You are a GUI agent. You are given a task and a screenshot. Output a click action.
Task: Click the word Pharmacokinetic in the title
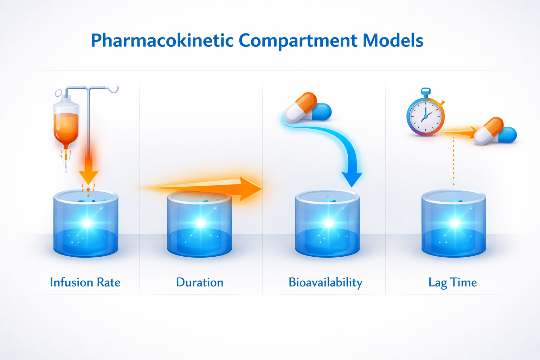point(162,41)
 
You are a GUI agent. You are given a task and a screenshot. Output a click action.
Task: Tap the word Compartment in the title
point(297,41)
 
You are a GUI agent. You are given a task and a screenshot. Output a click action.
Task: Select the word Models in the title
point(393,41)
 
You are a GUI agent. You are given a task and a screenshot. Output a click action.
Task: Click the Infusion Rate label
point(85,282)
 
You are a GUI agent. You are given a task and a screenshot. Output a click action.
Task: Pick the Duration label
point(200,282)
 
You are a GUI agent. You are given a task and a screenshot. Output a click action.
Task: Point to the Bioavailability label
point(325,283)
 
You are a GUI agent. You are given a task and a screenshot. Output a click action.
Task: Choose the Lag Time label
point(452,283)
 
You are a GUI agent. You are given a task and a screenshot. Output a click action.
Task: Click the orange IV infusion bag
point(66,125)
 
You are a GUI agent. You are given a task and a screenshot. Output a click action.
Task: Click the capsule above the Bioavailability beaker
point(307,107)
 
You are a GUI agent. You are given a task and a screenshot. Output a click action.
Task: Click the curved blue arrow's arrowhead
point(352,179)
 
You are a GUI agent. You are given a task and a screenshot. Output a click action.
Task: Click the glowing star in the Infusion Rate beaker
point(86,223)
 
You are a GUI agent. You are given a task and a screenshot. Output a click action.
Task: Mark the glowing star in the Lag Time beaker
point(455,223)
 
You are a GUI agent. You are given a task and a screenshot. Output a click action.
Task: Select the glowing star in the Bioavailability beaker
point(328,223)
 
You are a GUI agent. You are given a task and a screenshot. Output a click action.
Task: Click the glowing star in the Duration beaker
point(200,223)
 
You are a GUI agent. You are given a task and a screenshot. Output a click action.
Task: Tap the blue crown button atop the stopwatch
point(426,91)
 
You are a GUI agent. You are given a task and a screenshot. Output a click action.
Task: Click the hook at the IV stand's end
point(114,89)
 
